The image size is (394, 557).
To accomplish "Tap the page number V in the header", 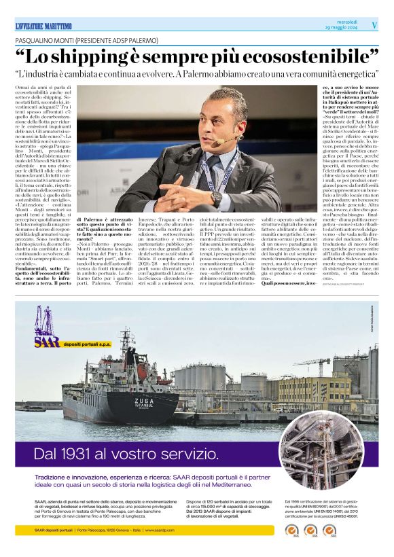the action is click(374, 24).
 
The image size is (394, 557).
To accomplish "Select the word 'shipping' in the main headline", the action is click(109, 56).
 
